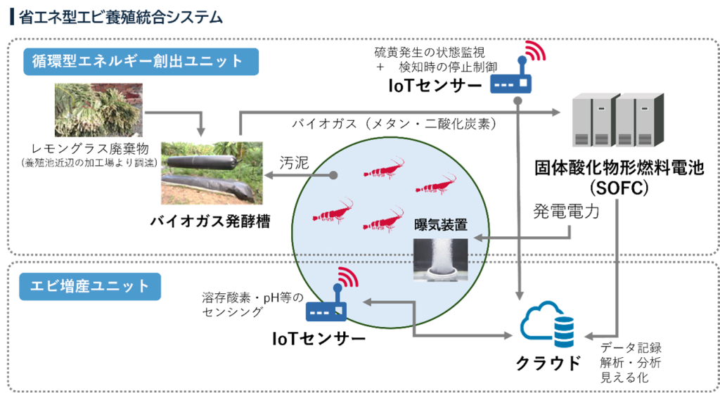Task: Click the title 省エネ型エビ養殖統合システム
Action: point(121,17)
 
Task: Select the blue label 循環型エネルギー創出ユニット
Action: point(141,62)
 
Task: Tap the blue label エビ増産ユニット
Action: point(90,286)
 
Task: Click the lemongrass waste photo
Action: point(98,110)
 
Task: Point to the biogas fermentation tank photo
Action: point(212,173)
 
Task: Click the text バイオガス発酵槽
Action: point(210,221)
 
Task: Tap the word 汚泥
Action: point(295,162)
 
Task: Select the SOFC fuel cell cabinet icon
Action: point(618,120)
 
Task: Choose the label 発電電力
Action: point(566,211)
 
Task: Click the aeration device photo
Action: point(440,259)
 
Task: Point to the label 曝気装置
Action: point(441,225)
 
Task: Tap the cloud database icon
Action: point(547,324)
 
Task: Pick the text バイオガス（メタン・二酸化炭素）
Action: point(394,124)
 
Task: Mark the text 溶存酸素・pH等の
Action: point(252,298)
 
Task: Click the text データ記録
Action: point(631,347)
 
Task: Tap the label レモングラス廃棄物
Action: point(90,149)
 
